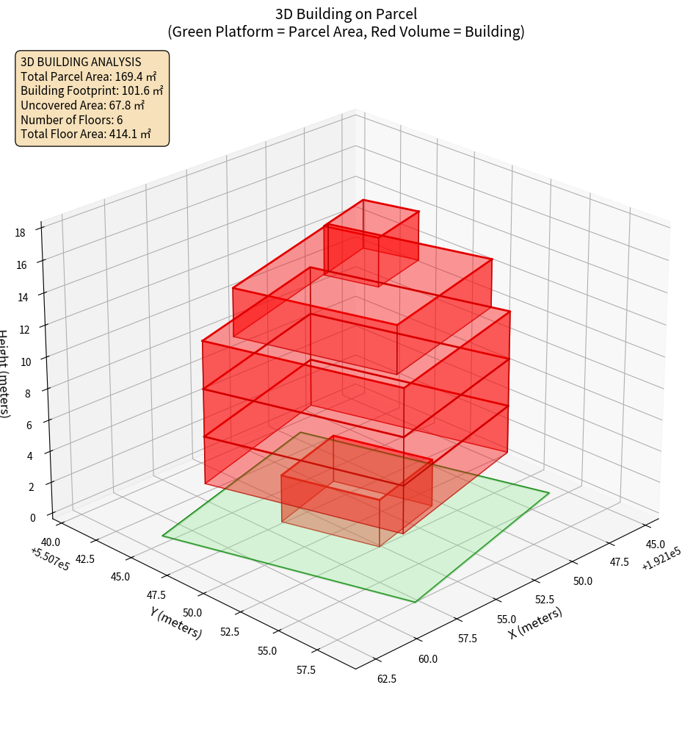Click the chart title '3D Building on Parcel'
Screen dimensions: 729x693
pyautogui.click(x=346, y=14)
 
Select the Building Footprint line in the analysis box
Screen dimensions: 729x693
pyautogui.click(x=92, y=90)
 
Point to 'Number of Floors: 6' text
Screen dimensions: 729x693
pyautogui.click(x=72, y=120)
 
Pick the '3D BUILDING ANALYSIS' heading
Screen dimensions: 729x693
pyautogui.click(x=81, y=62)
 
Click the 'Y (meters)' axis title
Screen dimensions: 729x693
pyautogui.click(x=176, y=621)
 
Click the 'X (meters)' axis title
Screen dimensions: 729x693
pyautogui.click(x=536, y=622)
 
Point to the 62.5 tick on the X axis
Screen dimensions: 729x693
pyautogui.click(x=386, y=678)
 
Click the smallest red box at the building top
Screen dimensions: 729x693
pyautogui.click(x=371, y=243)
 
